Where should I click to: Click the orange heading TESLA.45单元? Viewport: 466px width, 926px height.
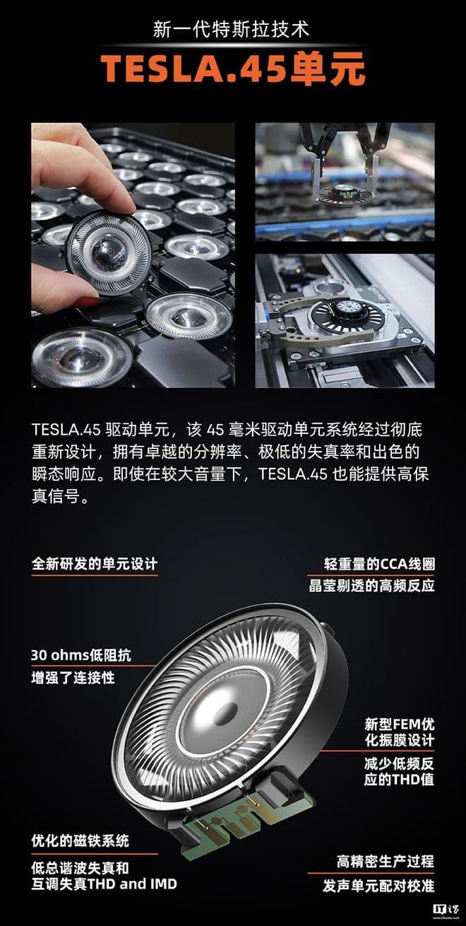click(x=233, y=69)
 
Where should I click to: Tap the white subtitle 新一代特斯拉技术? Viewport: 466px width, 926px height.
click(x=231, y=30)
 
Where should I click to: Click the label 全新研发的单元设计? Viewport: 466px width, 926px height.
click(x=95, y=564)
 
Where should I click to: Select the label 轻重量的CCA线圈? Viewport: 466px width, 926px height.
click(x=379, y=564)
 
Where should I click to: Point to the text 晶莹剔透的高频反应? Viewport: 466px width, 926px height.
click(x=371, y=585)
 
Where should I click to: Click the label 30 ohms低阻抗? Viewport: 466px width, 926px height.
click(x=81, y=655)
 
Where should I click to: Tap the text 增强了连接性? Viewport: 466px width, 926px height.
click(x=73, y=678)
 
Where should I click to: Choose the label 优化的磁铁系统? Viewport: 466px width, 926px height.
click(x=80, y=840)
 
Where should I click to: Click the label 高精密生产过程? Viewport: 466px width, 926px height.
click(x=386, y=862)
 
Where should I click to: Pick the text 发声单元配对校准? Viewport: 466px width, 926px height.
click(x=378, y=886)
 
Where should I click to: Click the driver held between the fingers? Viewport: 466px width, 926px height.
click(x=108, y=252)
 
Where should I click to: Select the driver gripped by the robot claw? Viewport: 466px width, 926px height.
click(x=346, y=193)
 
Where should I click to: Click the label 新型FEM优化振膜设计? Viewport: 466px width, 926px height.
click(x=399, y=732)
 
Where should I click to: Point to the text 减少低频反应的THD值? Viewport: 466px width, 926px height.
click(x=399, y=770)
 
